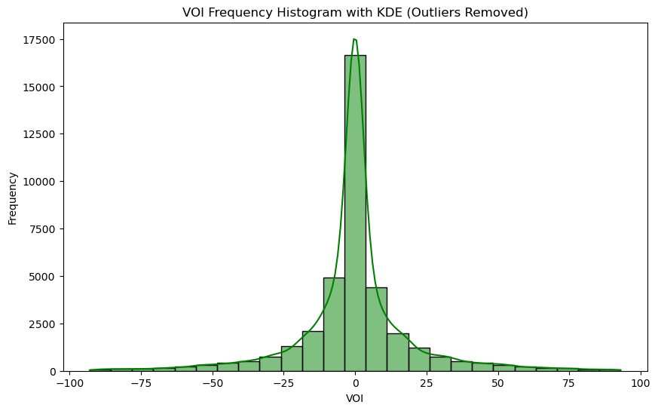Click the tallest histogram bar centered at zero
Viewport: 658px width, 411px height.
coord(355,213)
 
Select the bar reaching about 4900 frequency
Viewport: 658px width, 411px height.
coord(334,324)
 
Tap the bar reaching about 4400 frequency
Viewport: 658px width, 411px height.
coord(376,330)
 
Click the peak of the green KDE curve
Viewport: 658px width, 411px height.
coord(355,39)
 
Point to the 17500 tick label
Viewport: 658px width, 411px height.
coord(40,40)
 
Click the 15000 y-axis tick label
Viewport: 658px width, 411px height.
coord(40,87)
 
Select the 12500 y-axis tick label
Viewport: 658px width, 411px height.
coord(40,134)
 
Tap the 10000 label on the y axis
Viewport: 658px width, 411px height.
coord(40,182)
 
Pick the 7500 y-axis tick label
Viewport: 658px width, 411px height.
coord(42,229)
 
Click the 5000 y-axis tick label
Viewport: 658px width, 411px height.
coord(42,277)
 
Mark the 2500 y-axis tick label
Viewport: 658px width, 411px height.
coord(42,324)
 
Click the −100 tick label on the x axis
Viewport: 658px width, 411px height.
coord(69,383)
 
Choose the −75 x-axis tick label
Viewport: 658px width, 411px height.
coord(141,383)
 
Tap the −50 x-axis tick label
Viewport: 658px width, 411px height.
coord(213,383)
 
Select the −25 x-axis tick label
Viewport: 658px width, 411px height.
coord(283,383)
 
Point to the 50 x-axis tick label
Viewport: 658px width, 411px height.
coord(497,383)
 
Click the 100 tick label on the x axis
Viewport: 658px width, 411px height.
coord(641,383)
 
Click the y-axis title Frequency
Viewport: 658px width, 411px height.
coord(13,198)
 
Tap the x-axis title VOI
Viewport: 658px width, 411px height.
coord(355,398)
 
